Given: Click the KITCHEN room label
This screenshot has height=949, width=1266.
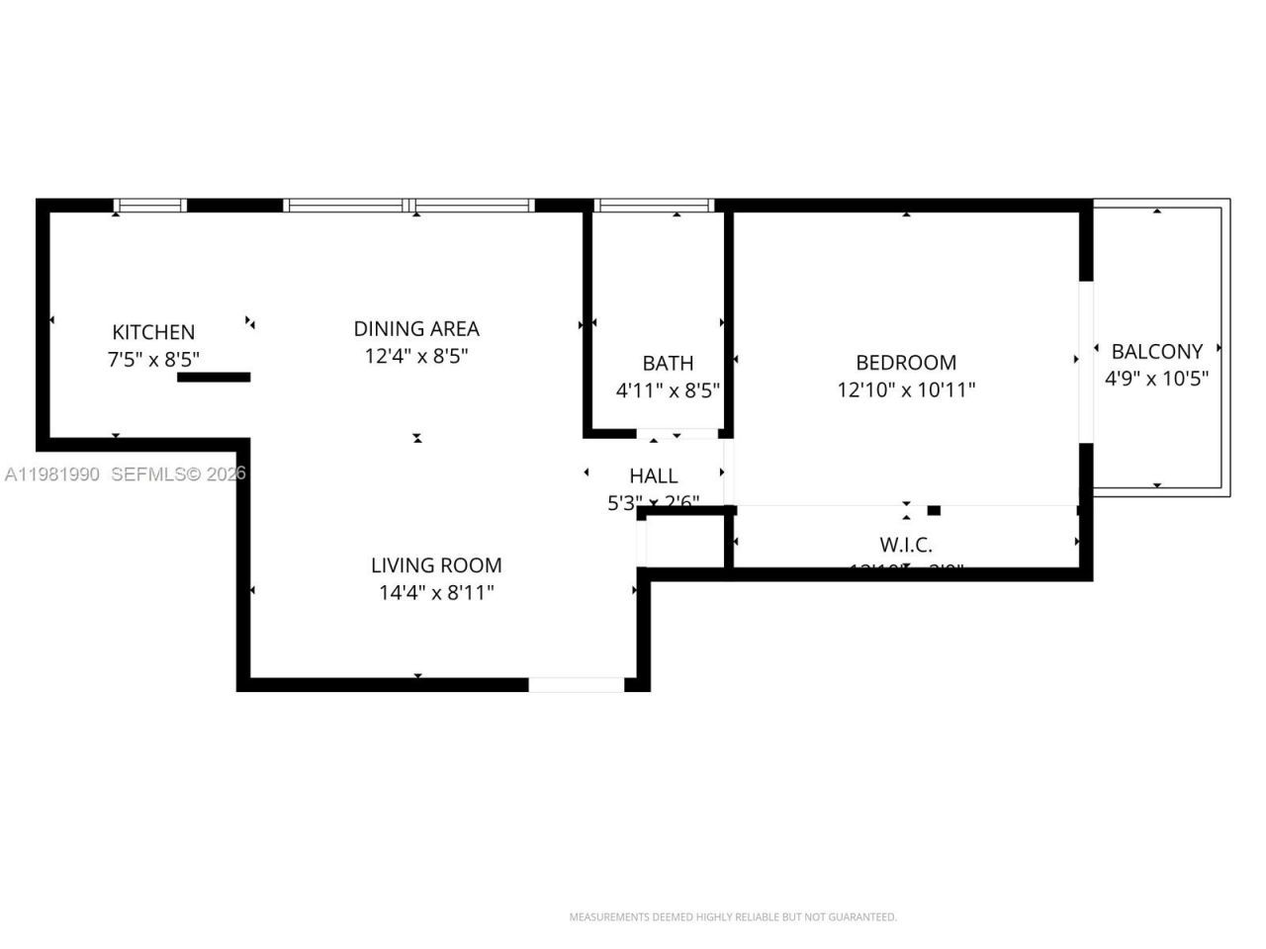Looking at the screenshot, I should point(153,332).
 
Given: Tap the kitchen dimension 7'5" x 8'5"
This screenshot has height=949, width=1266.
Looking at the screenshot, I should point(153,359).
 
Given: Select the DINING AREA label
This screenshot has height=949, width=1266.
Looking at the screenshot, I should point(416,328).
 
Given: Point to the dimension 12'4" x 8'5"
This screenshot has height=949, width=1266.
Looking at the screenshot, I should point(416,356).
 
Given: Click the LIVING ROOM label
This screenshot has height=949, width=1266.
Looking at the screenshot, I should point(436,565).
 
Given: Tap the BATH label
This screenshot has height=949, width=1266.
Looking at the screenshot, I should point(668,363).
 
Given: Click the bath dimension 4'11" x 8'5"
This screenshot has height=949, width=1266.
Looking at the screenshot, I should point(668,390).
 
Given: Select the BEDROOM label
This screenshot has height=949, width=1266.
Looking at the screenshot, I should point(906,363).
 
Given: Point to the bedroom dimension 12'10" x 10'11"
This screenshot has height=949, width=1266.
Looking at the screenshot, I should point(906,389).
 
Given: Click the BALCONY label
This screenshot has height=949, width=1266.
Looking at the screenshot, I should point(1156,351).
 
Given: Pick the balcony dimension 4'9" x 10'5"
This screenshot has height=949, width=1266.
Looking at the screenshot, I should point(1156,378).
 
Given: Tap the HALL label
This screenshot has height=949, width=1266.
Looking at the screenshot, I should point(654,476).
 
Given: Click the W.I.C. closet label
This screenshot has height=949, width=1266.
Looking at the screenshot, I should point(906,545).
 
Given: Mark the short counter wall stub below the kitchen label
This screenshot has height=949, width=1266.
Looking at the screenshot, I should point(214,377).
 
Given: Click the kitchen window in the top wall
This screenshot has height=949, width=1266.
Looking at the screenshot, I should point(149,206).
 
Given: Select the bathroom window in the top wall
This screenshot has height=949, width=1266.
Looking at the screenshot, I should point(654,206).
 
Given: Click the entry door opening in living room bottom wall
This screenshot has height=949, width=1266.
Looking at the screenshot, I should point(577,684).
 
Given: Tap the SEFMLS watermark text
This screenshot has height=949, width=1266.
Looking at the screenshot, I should point(178,474).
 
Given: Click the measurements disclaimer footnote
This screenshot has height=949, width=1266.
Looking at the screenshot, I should point(733,917).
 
